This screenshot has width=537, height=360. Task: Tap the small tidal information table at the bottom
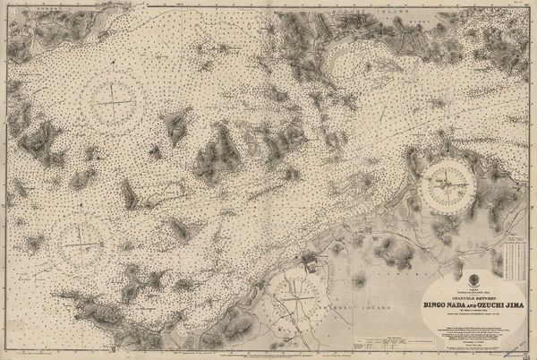pos(375,341)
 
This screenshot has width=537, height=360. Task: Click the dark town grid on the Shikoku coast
pos(310,261)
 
